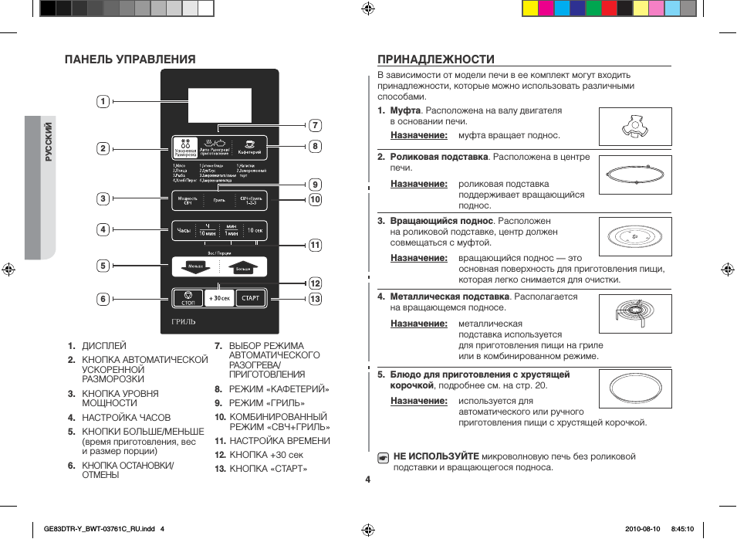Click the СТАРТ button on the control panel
coord(251,298)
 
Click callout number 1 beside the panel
coord(103,100)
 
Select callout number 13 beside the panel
coord(315,299)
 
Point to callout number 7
coord(315,125)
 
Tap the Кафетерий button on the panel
coord(250,147)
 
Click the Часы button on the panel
coord(184,230)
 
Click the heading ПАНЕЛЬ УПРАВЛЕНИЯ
coord(130,59)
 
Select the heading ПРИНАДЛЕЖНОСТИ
coord(435,59)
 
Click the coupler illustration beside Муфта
coord(634,127)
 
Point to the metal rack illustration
coord(634,314)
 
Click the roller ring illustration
coord(634,174)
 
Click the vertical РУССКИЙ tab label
coord(48,141)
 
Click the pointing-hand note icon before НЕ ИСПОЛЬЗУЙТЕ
coord(383,457)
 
